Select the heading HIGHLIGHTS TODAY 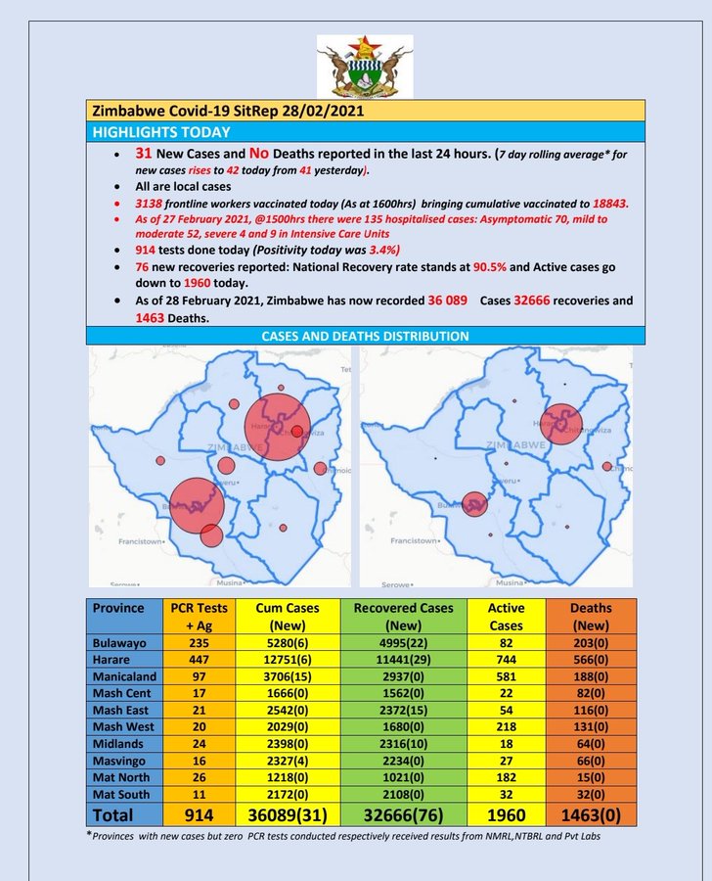pyautogui.click(x=161, y=132)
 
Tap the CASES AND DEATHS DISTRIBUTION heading pyautogui.click(x=365, y=336)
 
